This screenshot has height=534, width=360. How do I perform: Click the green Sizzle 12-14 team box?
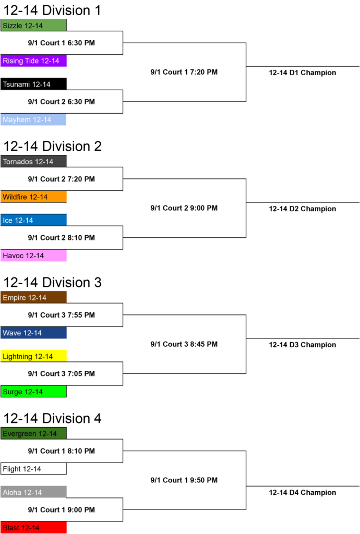(33, 26)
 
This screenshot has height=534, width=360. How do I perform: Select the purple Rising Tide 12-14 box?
(33, 60)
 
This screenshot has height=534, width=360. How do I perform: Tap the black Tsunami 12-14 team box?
(33, 84)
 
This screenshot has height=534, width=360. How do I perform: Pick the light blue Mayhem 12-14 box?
(33, 119)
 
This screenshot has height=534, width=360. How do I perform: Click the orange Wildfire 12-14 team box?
(33, 197)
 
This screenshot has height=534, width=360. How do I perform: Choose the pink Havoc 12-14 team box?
(33, 256)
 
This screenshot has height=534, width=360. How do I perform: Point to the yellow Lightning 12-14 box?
(33, 356)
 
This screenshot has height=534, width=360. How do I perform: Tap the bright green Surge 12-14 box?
(33, 391)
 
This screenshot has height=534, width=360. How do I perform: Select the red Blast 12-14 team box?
(33, 528)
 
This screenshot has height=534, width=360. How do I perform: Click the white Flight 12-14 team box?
(33, 469)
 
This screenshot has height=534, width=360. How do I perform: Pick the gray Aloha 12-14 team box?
(33, 492)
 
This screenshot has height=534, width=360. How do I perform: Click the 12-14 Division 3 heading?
(53, 282)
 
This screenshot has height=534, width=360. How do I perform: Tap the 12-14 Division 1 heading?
(52, 10)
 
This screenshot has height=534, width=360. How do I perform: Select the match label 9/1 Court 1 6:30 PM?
(62, 43)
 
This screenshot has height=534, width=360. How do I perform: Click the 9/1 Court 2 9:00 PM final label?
(184, 208)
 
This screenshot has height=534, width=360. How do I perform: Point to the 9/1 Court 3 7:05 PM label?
(62, 373)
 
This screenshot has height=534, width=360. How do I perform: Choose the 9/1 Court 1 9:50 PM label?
(184, 480)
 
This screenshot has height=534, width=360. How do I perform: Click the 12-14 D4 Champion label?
(303, 492)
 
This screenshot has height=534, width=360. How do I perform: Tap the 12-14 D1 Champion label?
(303, 72)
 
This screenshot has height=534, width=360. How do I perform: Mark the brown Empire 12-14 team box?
(33, 297)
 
